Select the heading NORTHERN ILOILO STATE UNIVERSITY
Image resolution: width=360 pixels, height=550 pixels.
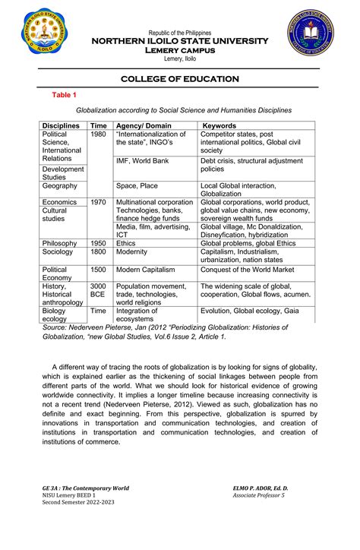coord(180,40)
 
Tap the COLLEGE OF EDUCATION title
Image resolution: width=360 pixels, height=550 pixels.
coord(180,79)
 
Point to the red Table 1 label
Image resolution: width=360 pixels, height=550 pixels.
coord(63,94)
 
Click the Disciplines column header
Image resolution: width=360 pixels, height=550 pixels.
coord(65,125)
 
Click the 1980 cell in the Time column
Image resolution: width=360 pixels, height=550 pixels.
coord(98,134)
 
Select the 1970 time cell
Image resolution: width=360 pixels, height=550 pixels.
coord(98,203)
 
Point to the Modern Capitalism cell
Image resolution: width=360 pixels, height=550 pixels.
coord(145,270)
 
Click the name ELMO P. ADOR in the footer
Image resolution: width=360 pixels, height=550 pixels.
coord(264,488)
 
